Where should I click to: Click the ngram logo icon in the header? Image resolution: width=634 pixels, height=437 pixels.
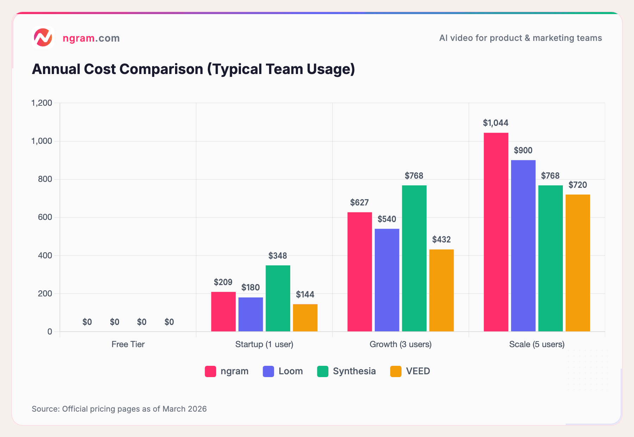(x=43, y=37)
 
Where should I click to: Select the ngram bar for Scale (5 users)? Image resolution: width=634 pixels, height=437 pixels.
(x=496, y=233)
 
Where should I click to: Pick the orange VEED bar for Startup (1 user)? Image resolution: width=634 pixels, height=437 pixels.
(x=305, y=318)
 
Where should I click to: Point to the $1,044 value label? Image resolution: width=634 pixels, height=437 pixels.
(x=496, y=123)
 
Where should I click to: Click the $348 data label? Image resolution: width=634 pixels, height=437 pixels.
(x=278, y=256)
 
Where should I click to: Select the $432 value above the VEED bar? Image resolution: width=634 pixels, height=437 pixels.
(x=441, y=240)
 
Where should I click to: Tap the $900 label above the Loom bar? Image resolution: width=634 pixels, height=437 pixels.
(x=523, y=150)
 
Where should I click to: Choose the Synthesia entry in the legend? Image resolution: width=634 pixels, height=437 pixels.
(x=347, y=371)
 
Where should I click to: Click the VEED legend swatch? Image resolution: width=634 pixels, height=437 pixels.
(x=396, y=371)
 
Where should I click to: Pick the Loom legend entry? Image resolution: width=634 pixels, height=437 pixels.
(x=283, y=371)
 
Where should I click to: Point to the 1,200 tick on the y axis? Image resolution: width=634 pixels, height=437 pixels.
(x=42, y=103)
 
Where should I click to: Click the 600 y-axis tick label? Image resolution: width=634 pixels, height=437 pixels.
(x=45, y=217)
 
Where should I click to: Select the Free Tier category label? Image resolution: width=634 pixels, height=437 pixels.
(x=128, y=344)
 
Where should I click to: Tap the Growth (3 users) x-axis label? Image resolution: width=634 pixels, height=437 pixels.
(x=400, y=344)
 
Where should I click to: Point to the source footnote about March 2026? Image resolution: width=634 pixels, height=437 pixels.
(x=119, y=409)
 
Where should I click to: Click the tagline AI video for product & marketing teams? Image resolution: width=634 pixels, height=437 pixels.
(x=520, y=38)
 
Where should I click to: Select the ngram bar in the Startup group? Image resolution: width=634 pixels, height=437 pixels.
(x=223, y=312)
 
